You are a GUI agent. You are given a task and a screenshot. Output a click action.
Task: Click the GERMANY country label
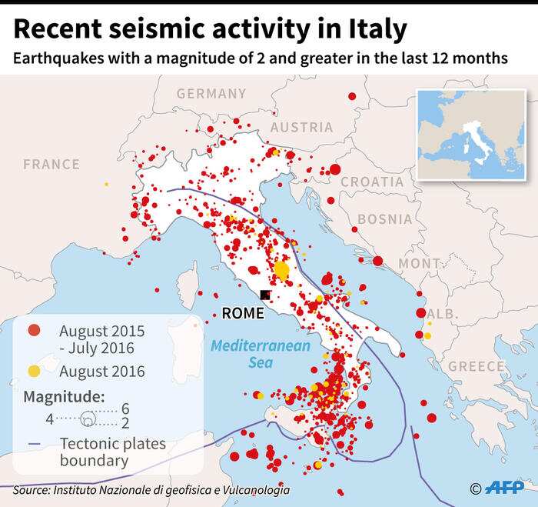point(211,94)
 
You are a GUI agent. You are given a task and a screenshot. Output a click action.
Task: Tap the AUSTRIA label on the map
point(301,128)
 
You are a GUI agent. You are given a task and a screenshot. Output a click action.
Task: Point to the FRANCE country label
point(51,164)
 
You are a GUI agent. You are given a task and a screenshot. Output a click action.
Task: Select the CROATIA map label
point(372,182)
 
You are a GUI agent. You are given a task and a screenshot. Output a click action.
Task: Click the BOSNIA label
point(385,219)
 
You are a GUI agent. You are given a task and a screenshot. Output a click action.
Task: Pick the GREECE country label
point(477,366)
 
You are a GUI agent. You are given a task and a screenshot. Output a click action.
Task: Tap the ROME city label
point(242,313)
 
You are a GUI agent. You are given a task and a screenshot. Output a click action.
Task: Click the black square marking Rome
point(265,295)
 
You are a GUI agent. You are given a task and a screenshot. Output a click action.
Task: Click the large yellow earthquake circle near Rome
point(282,271)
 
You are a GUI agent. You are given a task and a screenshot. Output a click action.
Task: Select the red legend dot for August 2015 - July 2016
point(34,332)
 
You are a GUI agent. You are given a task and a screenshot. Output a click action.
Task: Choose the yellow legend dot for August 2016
point(34,371)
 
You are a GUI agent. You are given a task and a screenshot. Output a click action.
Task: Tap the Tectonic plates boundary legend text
point(112,452)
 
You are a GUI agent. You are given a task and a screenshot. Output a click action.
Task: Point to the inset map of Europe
point(471,135)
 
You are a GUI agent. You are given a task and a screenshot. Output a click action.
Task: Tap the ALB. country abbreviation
point(440,314)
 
